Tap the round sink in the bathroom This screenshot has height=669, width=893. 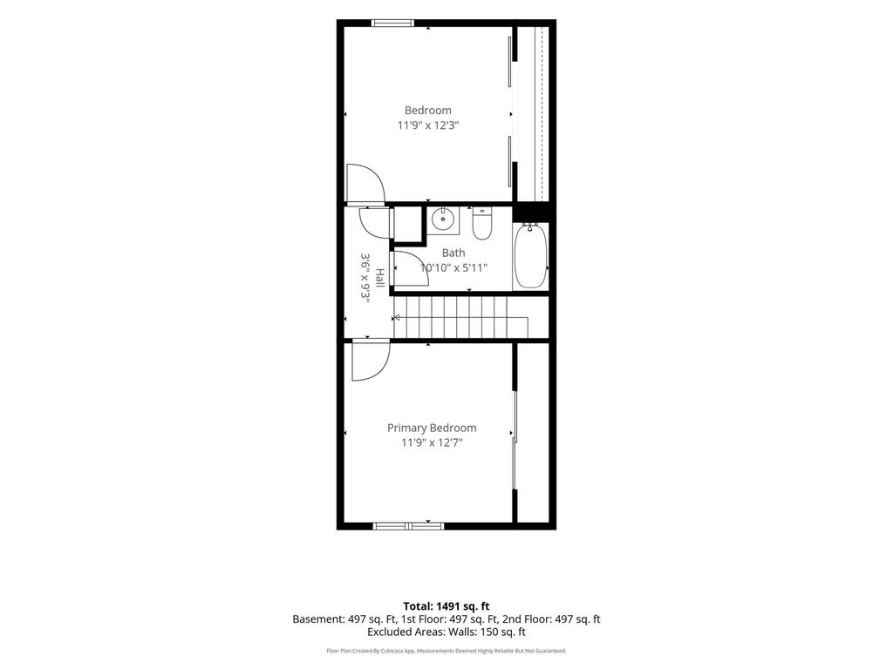pos(442,217)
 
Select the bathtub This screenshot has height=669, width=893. pos(531,256)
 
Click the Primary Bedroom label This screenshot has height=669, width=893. pos(432,428)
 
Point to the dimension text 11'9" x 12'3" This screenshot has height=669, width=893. pos(428,125)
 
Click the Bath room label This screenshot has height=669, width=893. pos(453,253)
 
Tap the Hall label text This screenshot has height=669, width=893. pos(379,278)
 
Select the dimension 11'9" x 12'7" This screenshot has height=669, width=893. pos(432,443)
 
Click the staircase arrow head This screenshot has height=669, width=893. pos(398,317)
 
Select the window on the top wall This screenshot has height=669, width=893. pos(392,24)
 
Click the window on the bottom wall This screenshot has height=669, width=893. pos(408,526)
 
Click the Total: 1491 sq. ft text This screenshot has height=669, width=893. pos(446,606)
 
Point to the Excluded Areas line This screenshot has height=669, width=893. pos(446,632)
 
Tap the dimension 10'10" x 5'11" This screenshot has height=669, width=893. pos(453,267)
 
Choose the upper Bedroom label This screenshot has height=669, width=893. pos(427,111)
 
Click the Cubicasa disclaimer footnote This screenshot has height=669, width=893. pos(446,651)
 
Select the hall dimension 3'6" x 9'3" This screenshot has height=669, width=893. pos(365,278)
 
